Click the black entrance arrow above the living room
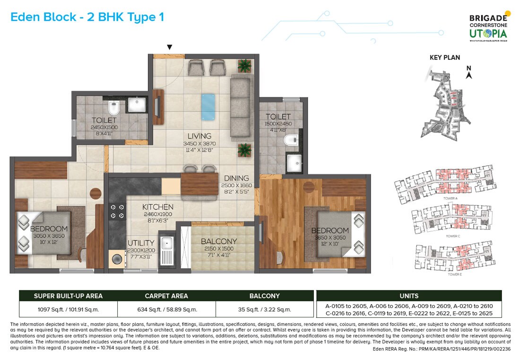click(x=170, y=47)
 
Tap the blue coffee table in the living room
click(x=208, y=107)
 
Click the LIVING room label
click(x=199, y=136)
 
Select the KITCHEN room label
click(x=158, y=207)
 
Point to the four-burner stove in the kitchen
click(x=117, y=211)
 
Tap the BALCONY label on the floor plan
click(x=218, y=241)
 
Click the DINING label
click(x=236, y=179)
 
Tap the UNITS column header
click(x=409, y=296)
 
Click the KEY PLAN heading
click(x=444, y=58)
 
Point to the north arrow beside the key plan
click(x=469, y=74)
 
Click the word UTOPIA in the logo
click(x=488, y=33)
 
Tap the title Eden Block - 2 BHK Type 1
click(x=87, y=18)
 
